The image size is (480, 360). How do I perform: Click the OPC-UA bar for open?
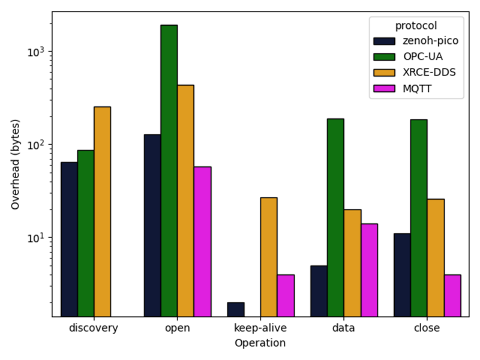[169, 171]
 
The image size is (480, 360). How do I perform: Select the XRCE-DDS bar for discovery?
[102, 212]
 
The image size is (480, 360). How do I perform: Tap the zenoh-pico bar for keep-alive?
[236, 310]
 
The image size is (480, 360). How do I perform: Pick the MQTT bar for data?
[369, 270]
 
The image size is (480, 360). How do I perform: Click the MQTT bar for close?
[452, 296]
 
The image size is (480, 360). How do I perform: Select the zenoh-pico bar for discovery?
[69, 239]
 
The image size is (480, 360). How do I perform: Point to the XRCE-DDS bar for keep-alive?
[269, 257]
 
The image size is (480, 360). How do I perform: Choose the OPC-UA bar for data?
[335, 218]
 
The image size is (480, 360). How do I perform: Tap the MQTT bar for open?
[202, 242]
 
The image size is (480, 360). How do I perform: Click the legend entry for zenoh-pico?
[429, 41]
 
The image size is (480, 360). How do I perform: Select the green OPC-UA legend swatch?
[384, 57]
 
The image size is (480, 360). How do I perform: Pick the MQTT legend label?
[417, 89]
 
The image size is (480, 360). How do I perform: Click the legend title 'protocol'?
[416, 26]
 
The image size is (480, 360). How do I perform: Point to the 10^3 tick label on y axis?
[37, 52]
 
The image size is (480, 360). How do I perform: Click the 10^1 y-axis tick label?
[37, 238]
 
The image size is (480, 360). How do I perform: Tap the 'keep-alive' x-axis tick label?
[260, 328]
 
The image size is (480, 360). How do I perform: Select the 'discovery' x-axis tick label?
[94, 328]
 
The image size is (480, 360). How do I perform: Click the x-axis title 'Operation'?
[260, 344]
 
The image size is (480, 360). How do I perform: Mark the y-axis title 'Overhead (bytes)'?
[16, 164]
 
